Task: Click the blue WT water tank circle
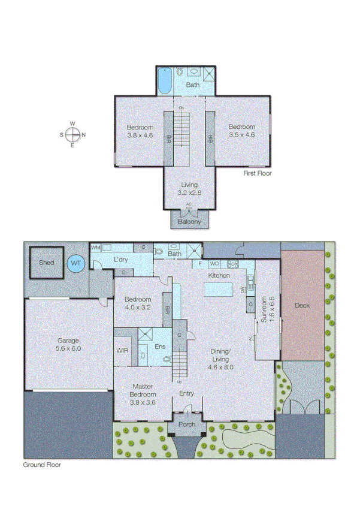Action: [x=76, y=263]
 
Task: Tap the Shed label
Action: [x=46, y=263]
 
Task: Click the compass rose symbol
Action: [x=72, y=134]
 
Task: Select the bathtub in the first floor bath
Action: [x=165, y=81]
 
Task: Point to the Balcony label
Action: [x=189, y=222]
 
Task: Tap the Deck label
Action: [x=302, y=305]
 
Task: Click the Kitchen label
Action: [x=219, y=275]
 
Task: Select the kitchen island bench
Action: [x=219, y=291]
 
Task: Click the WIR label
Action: [x=122, y=350]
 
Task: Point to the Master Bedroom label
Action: [x=144, y=390]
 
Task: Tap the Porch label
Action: [x=187, y=415]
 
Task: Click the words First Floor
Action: [x=258, y=173]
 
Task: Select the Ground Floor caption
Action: [x=42, y=464]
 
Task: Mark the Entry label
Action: [x=187, y=393]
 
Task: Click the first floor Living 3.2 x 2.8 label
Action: [x=189, y=189]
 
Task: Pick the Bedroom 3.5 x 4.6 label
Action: [x=242, y=131]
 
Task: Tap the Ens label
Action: [x=160, y=347]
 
